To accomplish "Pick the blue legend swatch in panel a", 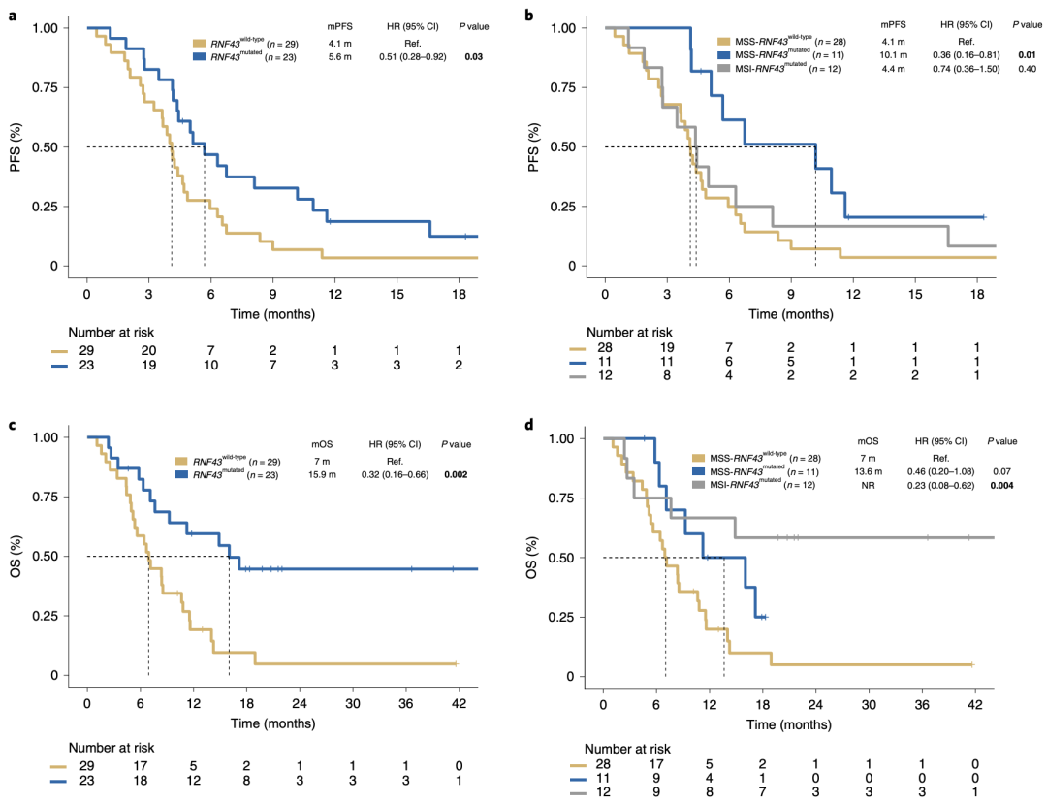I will tap(199, 58).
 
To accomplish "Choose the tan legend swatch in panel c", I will tap(180, 461).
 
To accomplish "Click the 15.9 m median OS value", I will tap(323, 477).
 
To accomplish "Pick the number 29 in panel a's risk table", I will tap(87, 349).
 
